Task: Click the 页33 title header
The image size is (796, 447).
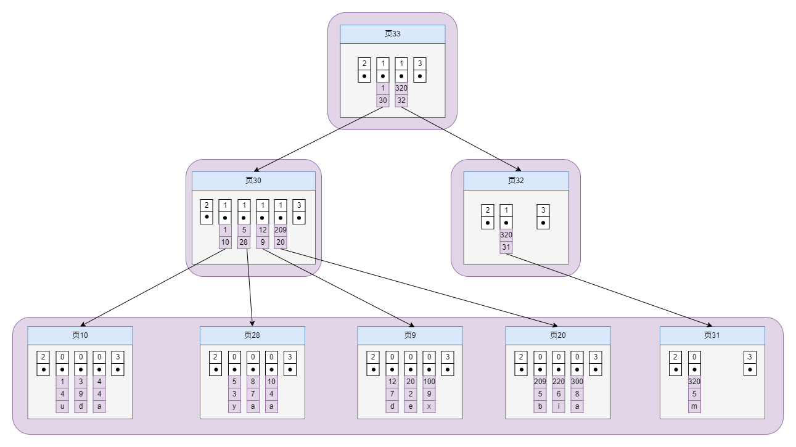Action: click(392, 34)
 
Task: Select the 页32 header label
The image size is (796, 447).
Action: click(515, 181)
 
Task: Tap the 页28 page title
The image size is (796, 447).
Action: click(252, 335)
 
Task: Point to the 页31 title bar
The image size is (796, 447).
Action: click(712, 335)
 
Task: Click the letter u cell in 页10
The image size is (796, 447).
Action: click(62, 406)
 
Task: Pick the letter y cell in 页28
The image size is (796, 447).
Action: click(235, 406)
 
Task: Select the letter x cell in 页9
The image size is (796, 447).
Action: click(429, 406)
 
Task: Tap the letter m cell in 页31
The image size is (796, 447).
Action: click(694, 406)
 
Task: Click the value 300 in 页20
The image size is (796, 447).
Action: click(577, 382)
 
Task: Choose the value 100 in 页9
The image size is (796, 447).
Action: click(429, 382)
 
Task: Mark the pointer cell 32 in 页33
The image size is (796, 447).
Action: click(401, 100)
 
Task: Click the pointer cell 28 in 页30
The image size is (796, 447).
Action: click(244, 242)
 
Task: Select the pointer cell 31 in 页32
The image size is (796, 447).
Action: click(506, 247)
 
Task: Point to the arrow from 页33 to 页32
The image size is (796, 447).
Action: click(459, 138)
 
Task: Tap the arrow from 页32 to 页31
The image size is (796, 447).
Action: click(610, 289)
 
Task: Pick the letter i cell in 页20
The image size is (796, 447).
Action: click(559, 406)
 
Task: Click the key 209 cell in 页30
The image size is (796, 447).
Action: click(281, 230)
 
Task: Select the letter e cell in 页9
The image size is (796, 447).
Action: click(411, 406)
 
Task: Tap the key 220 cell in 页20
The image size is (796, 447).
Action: click(559, 382)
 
